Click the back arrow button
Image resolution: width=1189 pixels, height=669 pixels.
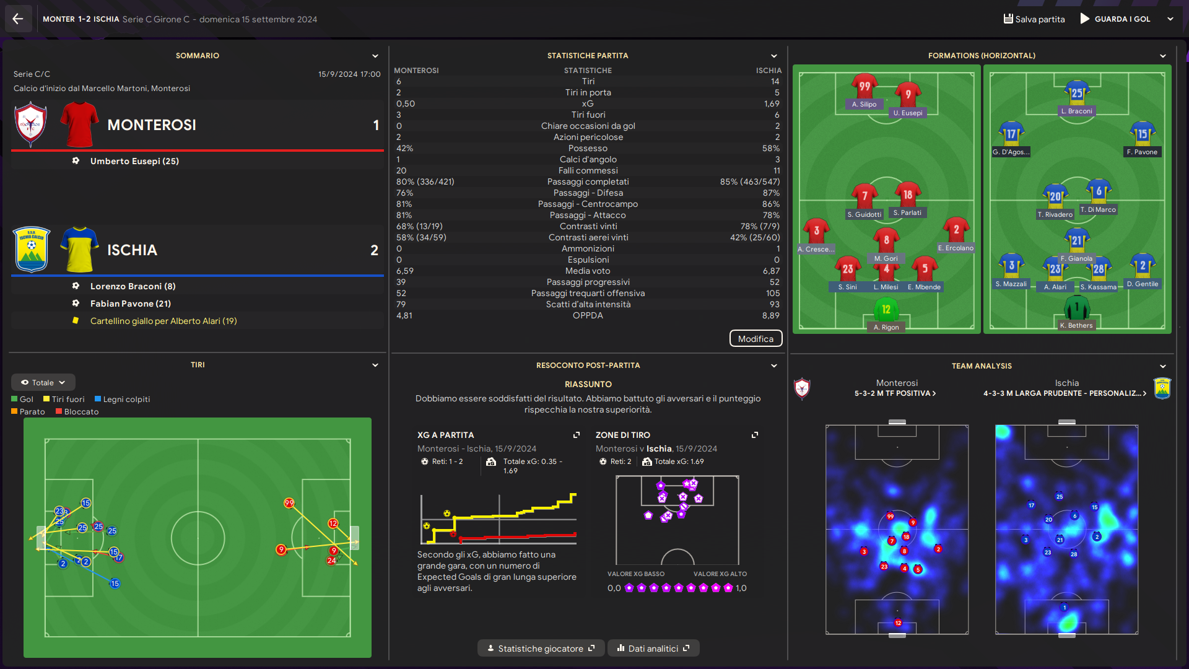(18, 19)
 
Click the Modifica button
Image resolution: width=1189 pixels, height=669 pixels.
(756, 339)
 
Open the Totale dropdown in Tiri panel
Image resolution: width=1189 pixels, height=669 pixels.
(43, 383)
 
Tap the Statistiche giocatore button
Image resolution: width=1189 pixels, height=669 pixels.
(541, 649)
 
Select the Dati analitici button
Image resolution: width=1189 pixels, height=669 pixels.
(653, 649)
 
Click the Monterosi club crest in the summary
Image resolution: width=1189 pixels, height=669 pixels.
(31, 125)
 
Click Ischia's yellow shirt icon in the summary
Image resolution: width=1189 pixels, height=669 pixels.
(79, 250)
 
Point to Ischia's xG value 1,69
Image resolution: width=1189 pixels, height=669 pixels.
(771, 104)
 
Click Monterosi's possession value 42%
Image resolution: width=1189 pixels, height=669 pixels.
(404, 149)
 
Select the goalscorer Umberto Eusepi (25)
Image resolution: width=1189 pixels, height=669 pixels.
(134, 161)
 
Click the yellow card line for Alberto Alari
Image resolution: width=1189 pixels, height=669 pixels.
(163, 321)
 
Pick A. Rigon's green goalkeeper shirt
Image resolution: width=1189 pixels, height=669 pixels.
(886, 310)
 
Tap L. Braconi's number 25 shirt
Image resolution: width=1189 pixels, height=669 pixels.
(1077, 93)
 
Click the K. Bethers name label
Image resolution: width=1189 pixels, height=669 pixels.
(1076, 325)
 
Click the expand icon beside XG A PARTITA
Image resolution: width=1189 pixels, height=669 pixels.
(577, 435)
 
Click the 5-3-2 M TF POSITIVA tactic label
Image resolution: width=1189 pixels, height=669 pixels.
(895, 393)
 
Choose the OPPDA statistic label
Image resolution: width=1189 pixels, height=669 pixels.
(588, 316)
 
